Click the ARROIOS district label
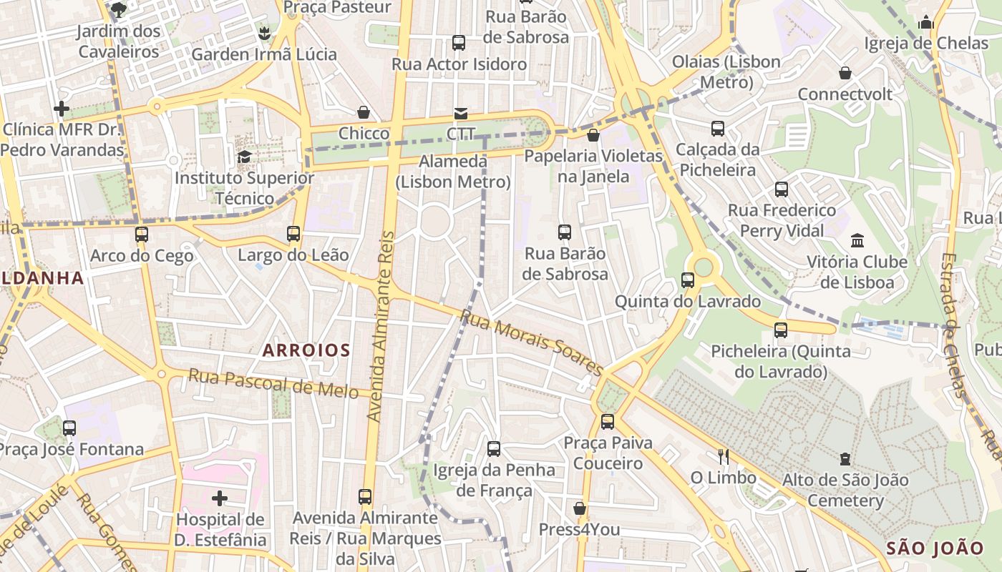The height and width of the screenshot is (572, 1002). (306, 350)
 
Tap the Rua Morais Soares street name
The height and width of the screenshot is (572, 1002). (532, 342)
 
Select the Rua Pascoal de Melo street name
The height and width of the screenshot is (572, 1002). (273, 384)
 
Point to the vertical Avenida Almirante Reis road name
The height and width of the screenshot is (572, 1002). (381, 325)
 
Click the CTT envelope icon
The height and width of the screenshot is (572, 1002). (459, 114)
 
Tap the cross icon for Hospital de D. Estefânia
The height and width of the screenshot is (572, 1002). (220, 498)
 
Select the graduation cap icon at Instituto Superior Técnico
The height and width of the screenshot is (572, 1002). (244, 157)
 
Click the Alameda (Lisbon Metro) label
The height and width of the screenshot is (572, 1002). (453, 172)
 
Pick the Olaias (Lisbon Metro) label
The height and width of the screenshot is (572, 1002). (726, 71)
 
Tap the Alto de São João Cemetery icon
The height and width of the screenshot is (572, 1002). (845, 458)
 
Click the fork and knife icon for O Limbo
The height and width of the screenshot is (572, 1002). (723, 456)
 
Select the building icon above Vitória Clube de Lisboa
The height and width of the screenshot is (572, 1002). (857, 240)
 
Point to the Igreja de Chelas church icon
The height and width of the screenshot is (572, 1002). (926, 22)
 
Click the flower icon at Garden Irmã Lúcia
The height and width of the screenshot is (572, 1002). (264, 33)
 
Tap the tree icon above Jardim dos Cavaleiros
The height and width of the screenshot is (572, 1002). (119, 9)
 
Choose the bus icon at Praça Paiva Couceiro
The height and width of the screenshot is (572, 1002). (608, 421)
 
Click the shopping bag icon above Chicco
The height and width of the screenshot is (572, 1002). (364, 112)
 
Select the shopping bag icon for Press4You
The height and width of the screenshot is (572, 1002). (579, 508)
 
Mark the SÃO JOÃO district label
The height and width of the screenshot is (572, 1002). (935, 548)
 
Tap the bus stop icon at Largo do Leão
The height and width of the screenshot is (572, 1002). (293, 233)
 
